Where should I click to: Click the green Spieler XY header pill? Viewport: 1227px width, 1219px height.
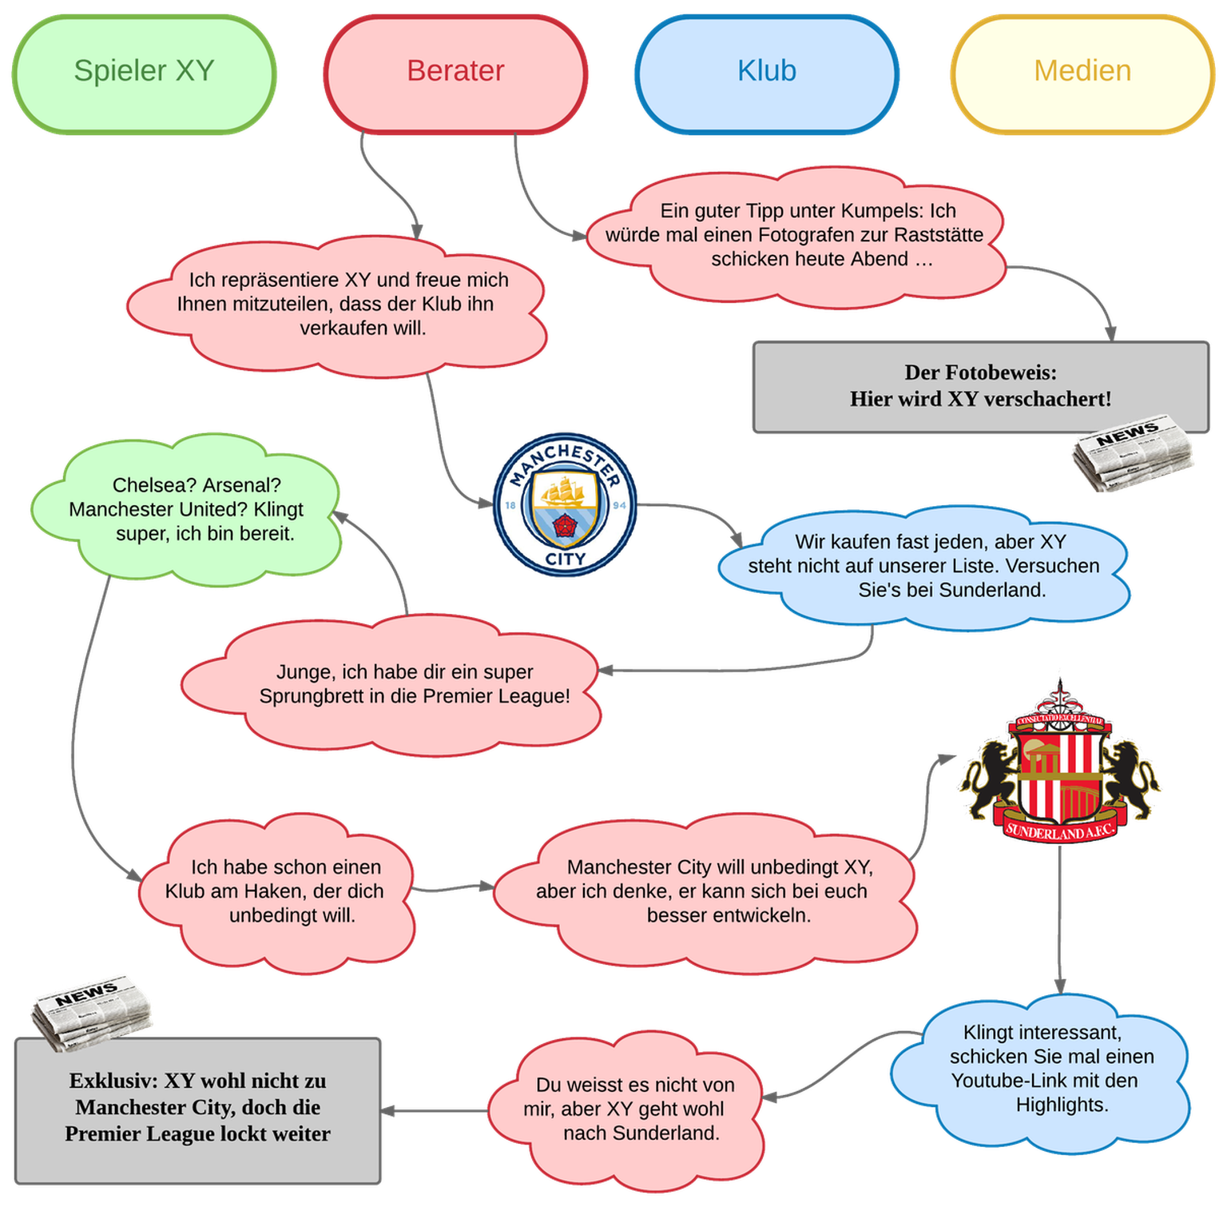[x=144, y=72]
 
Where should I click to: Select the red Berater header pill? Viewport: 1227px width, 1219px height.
[x=455, y=72]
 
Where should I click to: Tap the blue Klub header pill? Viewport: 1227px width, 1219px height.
[x=767, y=72]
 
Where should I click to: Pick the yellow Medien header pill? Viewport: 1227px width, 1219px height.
[x=1082, y=72]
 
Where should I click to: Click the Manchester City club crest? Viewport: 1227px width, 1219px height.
[x=565, y=504]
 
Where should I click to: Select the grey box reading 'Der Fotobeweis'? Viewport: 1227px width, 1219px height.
[x=980, y=387]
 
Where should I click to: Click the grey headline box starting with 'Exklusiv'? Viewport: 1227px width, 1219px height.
[x=197, y=1109]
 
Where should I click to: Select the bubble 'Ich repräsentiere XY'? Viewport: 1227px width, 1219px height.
[x=340, y=305]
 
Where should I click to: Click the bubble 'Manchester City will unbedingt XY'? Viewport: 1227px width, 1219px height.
[x=703, y=891]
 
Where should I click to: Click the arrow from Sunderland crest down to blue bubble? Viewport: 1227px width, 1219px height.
[x=1059, y=919]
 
